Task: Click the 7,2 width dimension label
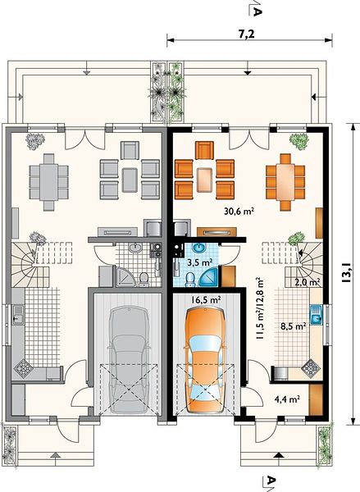pyautogui.click(x=246, y=34)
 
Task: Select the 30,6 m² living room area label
pyautogui.click(x=239, y=212)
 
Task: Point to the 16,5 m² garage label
pyautogui.click(x=206, y=300)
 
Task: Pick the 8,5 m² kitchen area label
pyautogui.click(x=293, y=326)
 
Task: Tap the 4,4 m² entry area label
pyautogui.click(x=287, y=399)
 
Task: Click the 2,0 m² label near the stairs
pyautogui.click(x=308, y=282)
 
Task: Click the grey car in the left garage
pyautogui.click(x=129, y=360)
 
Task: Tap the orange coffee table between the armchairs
pyautogui.click(x=205, y=180)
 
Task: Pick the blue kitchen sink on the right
pyautogui.click(x=316, y=315)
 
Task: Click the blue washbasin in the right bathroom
pyautogui.click(x=198, y=248)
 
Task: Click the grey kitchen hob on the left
pyautogui.click(x=21, y=367)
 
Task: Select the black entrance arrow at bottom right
pyautogui.click(x=278, y=455)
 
